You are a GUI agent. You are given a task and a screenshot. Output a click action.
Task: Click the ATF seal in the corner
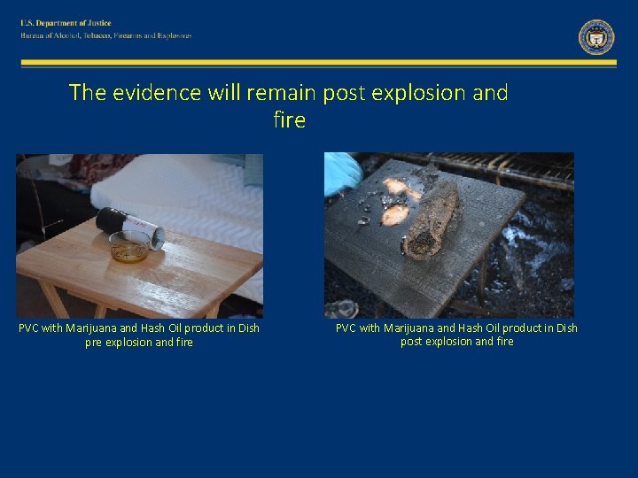click(596, 37)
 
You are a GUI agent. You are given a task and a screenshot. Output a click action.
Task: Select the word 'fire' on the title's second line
click(290, 119)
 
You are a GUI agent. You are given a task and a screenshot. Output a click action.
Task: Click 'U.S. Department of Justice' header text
click(66, 23)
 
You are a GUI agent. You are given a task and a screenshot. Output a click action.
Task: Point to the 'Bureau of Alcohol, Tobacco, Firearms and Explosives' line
click(106, 36)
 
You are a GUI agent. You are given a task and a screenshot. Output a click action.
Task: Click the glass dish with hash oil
click(129, 246)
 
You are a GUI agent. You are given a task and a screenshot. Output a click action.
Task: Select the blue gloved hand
click(342, 173)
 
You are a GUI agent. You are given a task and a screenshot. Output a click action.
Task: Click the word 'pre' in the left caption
click(94, 343)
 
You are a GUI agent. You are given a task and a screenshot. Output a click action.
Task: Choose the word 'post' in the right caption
click(411, 342)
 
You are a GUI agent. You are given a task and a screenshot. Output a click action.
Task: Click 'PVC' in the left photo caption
click(30, 328)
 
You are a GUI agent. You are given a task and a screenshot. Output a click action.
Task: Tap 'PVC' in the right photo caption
click(346, 328)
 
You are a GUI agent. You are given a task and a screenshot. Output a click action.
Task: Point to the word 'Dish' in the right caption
click(564, 328)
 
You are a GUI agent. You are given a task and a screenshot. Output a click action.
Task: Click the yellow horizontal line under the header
click(319, 63)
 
